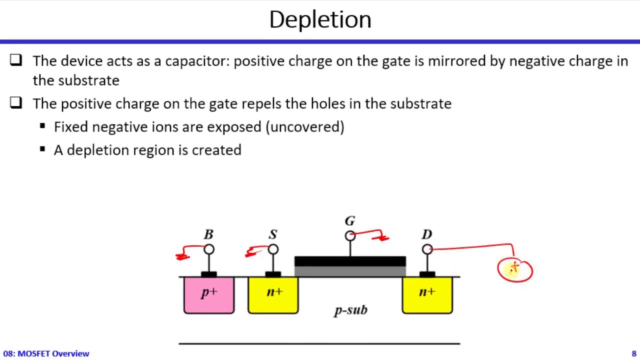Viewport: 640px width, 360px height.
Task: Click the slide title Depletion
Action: point(320,20)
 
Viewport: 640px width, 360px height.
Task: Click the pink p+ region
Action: point(209,295)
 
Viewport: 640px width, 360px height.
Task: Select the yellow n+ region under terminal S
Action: point(273,295)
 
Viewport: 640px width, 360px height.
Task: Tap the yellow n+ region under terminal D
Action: point(427,295)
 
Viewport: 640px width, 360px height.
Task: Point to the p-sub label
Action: point(350,310)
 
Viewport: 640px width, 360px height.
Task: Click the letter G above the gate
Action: point(349,221)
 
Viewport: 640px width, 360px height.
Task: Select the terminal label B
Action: point(208,234)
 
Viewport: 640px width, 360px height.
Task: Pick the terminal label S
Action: point(272,234)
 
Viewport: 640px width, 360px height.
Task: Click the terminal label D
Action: point(426,234)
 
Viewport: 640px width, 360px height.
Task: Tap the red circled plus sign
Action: point(515,270)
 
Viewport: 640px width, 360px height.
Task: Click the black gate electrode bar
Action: point(350,261)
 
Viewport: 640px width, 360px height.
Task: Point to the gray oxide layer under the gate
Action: point(350,271)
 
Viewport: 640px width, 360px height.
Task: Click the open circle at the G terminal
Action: point(350,235)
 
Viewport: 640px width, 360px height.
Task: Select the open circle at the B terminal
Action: point(209,249)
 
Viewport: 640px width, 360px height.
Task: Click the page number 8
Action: point(633,353)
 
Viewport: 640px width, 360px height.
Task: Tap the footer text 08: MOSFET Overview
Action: point(46,353)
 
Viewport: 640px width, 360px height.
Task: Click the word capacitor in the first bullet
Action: point(196,61)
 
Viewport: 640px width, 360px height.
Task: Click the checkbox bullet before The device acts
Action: point(16,60)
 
